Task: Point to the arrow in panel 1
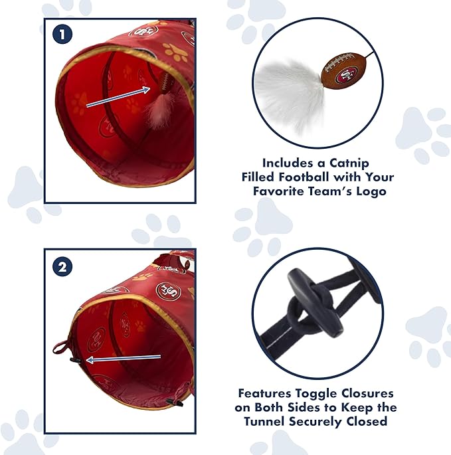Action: point(118,96)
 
